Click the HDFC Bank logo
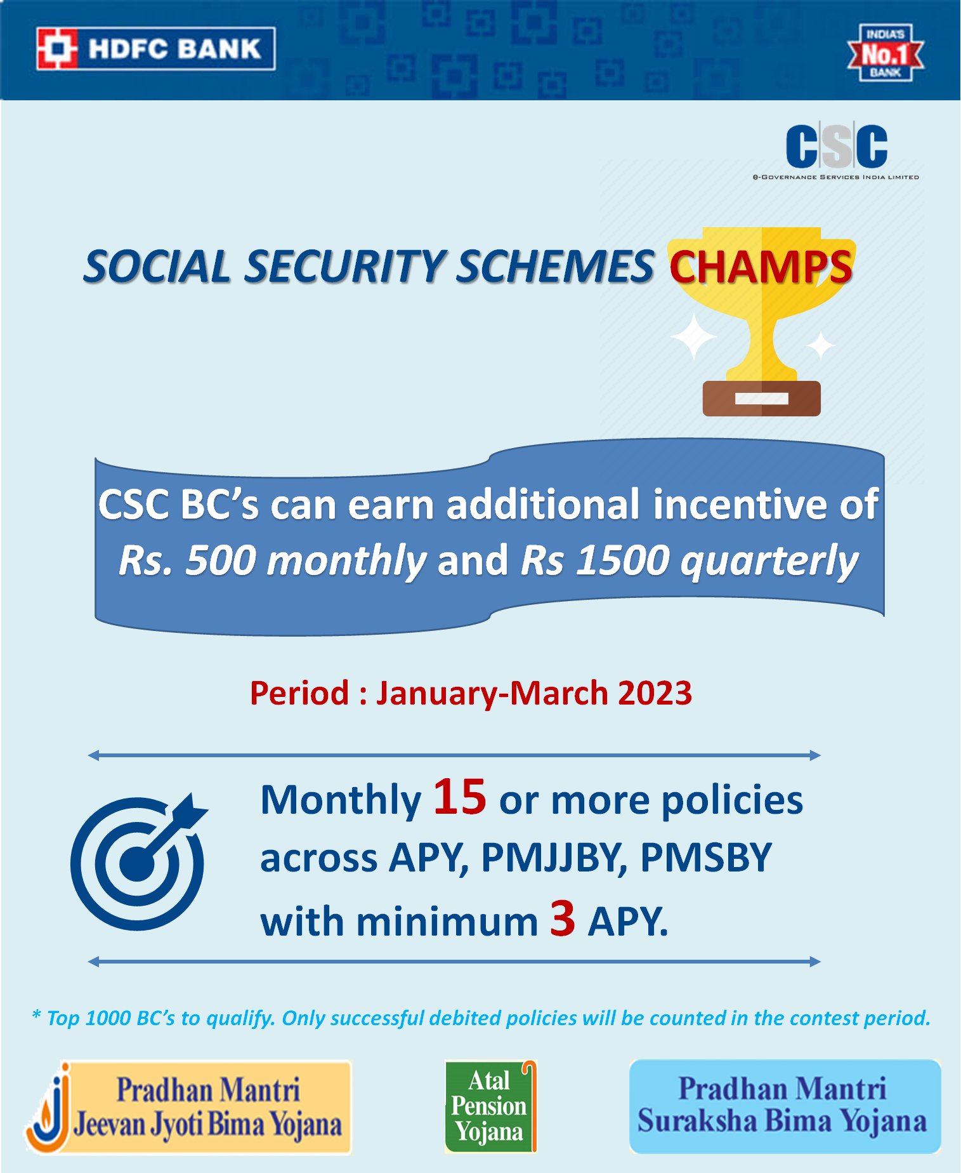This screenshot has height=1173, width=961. click(x=155, y=49)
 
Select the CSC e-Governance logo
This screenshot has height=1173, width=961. click(x=836, y=151)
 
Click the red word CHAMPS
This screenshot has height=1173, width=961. click(x=761, y=267)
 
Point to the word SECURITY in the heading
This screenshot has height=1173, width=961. click(x=347, y=267)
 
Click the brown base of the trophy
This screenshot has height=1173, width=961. click(x=761, y=399)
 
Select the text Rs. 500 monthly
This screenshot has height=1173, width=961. click(x=273, y=561)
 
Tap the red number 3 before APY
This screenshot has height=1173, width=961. click(x=562, y=918)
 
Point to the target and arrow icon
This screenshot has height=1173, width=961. click(x=138, y=862)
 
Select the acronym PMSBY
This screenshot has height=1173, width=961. click(x=705, y=858)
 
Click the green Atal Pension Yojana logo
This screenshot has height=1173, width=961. click(x=490, y=1106)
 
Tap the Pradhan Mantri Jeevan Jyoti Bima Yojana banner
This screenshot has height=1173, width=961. click(x=189, y=1107)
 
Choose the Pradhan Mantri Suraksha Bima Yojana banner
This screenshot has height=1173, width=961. click(x=784, y=1106)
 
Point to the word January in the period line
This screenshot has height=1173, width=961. click(x=436, y=693)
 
